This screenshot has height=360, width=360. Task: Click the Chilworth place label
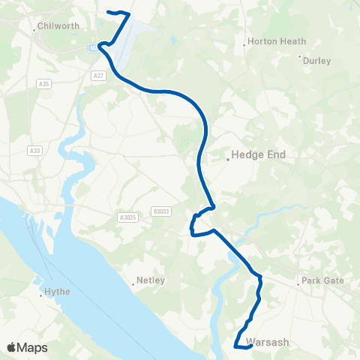pyautogui.click(x=58, y=25)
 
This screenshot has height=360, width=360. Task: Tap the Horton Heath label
pyautogui.click(x=277, y=41)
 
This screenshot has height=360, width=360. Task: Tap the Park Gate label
pyautogui.click(x=322, y=281)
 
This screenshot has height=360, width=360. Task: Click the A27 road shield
pyautogui.click(x=99, y=75)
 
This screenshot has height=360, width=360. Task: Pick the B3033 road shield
pyautogui.click(x=160, y=211)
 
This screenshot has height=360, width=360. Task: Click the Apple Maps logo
pyautogui.click(x=27, y=346)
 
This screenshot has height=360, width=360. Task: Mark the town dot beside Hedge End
pyautogui.click(x=228, y=159)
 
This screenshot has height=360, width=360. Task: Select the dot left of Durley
pyautogui.click(x=300, y=56)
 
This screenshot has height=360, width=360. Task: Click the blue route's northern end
pyautogui.click(x=110, y=12)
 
